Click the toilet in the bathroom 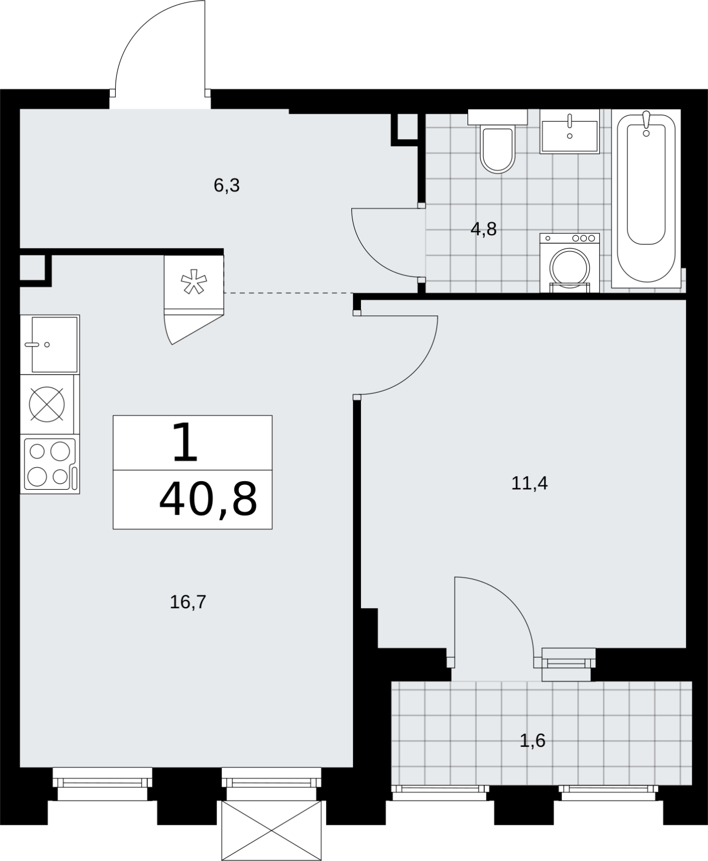pyautogui.click(x=498, y=141)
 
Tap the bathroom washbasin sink pyautogui.click(x=570, y=131)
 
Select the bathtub pyautogui.click(x=646, y=199)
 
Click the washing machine pyautogui.click(x=570, y=263)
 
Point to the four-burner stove pyautogui.click(x=50, y=464)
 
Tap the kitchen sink pyautogui.click(x=50, y=344)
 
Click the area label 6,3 pyautogui.click(x=226, y=186)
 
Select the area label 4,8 pyautogui.click(x=484, y=229)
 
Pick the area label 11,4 pyautogui.click(x=529, y=483)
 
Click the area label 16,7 pyautogui.click(x=188, y=602)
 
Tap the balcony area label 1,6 pyautogui.click(x=532, y=740)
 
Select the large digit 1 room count pyautogui.click(x=185, y=442)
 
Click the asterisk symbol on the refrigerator pyautogui.click(x=194, y=281)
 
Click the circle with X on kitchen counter pyautogui.click(x=47, y=405)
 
